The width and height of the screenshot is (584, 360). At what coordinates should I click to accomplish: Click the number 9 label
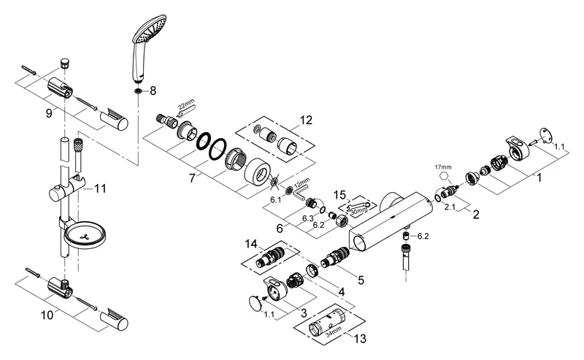click(x=48, y=114)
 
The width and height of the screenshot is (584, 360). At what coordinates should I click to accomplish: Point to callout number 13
click(x=356, y=339)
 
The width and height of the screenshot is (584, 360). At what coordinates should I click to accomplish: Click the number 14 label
click(x=252, y=243)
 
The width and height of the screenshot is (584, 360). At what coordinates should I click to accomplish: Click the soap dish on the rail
click(x=85, y=234)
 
